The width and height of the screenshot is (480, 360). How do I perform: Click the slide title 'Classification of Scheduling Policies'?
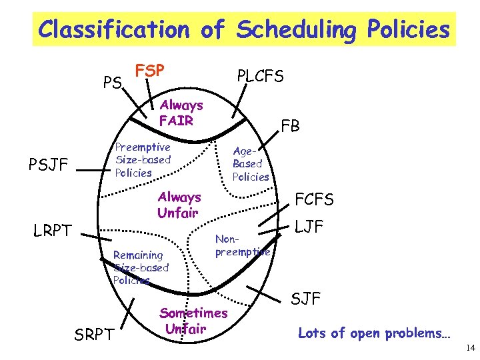tap(244, 29)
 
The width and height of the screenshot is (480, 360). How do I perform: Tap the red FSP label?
tap(150, 70)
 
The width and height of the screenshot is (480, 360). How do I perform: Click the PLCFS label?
tap(261, 76)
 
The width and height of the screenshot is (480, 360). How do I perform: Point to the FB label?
tap(290, 125)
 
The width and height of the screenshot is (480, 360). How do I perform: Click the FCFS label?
tap(314, 199)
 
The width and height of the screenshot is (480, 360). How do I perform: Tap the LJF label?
tap(309, 227)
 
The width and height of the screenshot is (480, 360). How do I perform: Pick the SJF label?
tap(306, 299)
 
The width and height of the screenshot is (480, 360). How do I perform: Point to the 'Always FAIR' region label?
tap(181, 113)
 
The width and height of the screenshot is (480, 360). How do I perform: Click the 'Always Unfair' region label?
tap(179, 205)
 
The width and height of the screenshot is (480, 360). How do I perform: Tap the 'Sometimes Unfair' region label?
tap(193, 321)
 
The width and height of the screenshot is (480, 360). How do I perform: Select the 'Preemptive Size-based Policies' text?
tap(143, 160)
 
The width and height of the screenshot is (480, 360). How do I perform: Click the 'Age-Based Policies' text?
tap(250, 164)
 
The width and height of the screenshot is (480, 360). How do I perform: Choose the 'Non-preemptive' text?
tap(241, 245)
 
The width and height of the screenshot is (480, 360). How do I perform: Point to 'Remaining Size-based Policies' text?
tap(140, 267)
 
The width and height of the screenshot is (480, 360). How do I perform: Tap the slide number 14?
tap(470, 348)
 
